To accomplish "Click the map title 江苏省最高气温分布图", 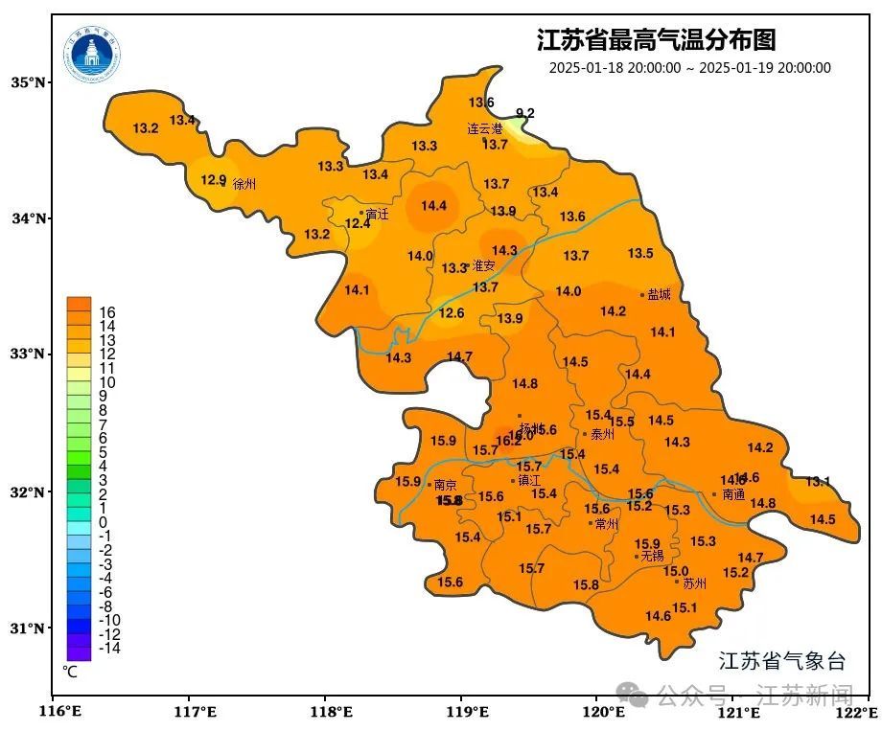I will point(656,40).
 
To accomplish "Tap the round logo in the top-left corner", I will point(92,54).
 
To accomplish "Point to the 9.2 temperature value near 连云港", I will point(524,113).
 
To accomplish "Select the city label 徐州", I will point(244,184).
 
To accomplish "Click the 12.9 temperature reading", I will point(213,179).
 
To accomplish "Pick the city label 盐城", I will point(660,294).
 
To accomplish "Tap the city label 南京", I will point(446,485).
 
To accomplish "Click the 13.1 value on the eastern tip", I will point(818,481).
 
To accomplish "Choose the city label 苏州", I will point(694,582).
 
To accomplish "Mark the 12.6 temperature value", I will point(452,312).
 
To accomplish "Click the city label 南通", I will point(733,494).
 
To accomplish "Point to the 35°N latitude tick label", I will point(28,82).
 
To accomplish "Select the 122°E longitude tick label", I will point(858,712).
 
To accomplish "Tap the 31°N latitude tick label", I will point(28,628).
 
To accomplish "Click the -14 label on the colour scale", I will point(109,648).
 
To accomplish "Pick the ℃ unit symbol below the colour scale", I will point(70,672).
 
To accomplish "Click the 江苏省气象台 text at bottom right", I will point(782,660).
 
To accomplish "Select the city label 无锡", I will point(652,556).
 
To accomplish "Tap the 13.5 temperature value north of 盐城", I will point(640,253).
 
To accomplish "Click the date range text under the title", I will point(689,68).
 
